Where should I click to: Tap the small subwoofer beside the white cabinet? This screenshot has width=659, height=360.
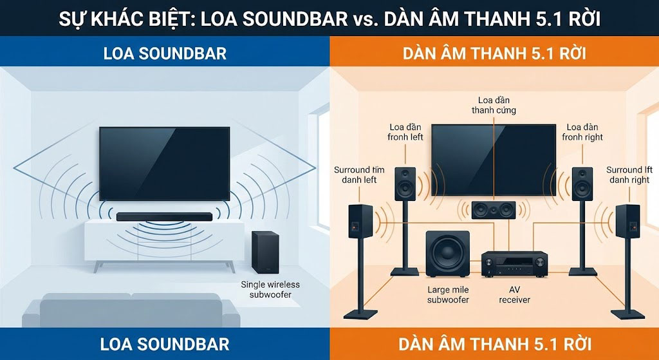261,252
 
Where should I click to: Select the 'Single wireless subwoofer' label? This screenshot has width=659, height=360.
270,289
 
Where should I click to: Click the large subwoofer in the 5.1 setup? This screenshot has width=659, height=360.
448,254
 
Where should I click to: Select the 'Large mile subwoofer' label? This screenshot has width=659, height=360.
448,294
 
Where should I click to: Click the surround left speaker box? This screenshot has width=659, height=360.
360,222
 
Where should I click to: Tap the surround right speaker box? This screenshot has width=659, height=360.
627,222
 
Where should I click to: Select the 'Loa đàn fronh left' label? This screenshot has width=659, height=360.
405,132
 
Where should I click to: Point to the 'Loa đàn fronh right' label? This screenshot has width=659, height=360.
582,132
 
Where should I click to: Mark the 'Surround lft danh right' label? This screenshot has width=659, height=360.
629,175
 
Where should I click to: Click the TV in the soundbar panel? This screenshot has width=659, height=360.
164,164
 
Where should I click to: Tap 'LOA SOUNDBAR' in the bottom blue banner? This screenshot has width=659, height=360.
165,343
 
